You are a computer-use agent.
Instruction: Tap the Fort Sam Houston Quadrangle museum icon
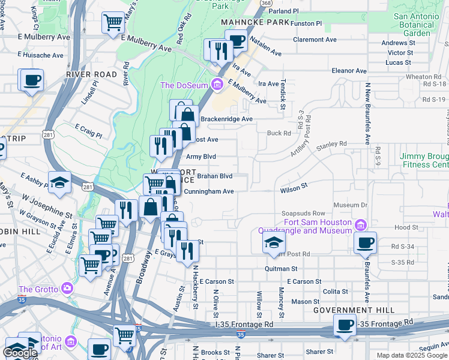(360, 225)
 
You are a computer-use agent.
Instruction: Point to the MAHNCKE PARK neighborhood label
(255, 22)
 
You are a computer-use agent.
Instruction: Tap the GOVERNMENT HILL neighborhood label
(354, 310)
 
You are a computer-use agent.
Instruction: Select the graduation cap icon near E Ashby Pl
(59, 182)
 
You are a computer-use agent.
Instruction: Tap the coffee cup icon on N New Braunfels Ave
(365, 242)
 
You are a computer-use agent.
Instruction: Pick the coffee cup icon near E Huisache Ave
(32, 80)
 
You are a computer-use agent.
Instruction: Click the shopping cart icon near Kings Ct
(112, 22)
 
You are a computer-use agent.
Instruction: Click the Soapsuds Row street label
(303, 214)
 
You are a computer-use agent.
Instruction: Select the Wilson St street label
(294, 190)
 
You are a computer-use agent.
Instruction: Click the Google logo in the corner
(20, 353)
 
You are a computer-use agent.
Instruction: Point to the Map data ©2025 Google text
(412, 355)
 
